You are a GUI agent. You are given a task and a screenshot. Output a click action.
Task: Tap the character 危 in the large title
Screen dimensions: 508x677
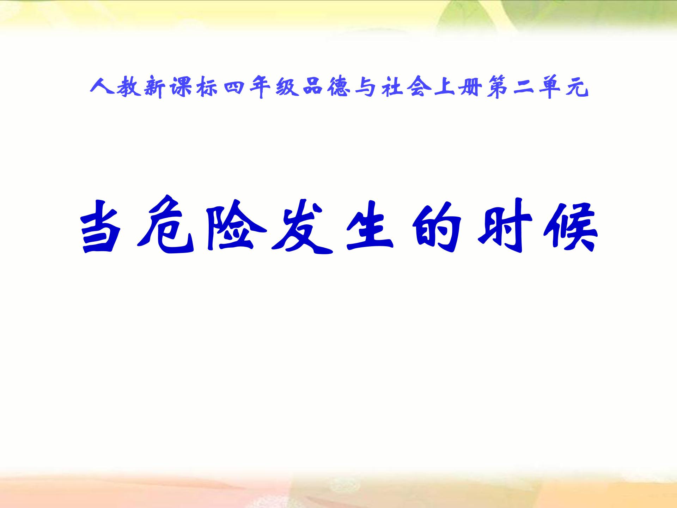[x=166, y=226]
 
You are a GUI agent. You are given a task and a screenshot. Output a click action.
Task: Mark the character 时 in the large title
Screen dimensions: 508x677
[x=504, y=226]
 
